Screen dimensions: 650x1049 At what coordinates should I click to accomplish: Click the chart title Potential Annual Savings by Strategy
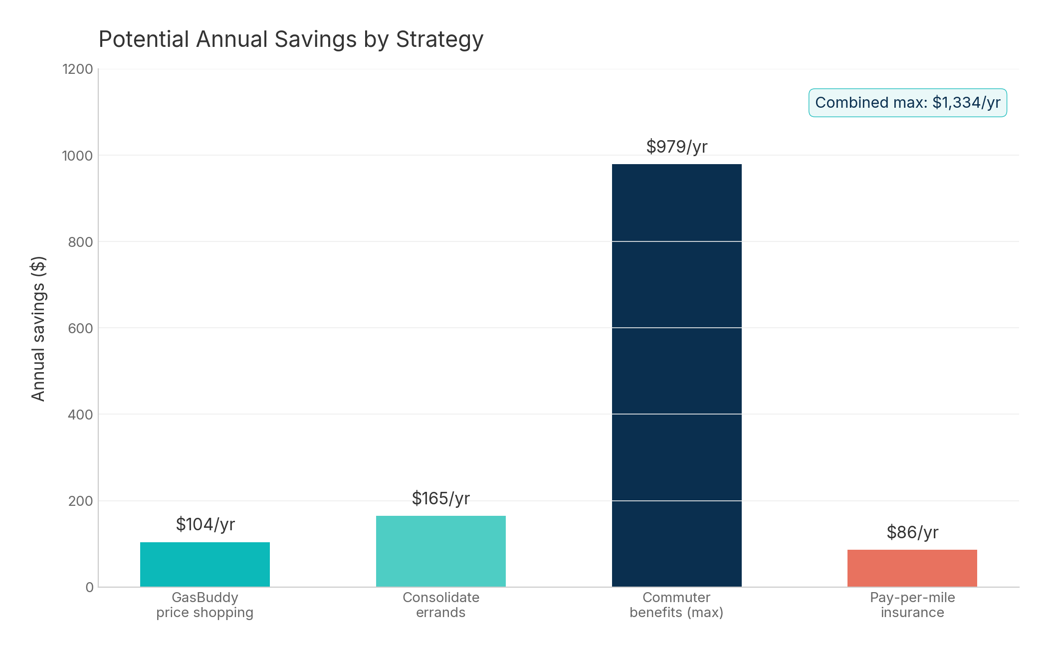pyautogui.click(x=291, y=39)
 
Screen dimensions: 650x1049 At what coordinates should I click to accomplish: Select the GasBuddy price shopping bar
pyautogui.click(x=205, y=564)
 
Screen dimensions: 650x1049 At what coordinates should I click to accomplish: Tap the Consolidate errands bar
pyautogui.click(x=440, y=551)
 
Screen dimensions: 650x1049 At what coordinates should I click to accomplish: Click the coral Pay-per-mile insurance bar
pyautogui.click(x=912, y=568)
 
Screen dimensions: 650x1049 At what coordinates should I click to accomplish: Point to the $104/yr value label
pyautogui.click(x=205, y=524)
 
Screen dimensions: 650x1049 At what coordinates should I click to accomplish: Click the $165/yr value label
pyautogui.click(x=440, y=498)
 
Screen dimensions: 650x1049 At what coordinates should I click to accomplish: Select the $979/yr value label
pyautogui.click(x=676, y=147)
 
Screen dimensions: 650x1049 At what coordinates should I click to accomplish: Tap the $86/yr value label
pyautogui.click(x=912, y=532)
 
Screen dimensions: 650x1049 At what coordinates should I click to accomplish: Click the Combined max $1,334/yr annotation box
pyautogui.click(x=907, y=103)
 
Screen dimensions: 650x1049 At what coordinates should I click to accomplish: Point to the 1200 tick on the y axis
pyautogui.click(x=77, y=69)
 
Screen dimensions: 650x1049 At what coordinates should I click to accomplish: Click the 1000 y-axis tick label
pyautogui.click(x=77, y=156)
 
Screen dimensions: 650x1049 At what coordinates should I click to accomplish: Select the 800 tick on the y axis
pyautogui.click(x=80, y=242)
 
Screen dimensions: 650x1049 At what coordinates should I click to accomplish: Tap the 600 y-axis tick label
pyautogui.click(x=80, y=328)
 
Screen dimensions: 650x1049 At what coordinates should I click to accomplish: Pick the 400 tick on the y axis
pyautogui.click(x=80, y=415)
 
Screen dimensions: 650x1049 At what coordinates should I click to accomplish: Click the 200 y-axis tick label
pyautogui.click(x=80, y=501)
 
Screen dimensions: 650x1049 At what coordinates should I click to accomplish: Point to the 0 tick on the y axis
pyautogui.click(x=89, y=587)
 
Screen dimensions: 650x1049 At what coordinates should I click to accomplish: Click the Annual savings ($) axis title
pyautogui.click(x=38, y=328)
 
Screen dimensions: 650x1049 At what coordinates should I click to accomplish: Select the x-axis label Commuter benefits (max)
pyautogui.click(x=676, y=605)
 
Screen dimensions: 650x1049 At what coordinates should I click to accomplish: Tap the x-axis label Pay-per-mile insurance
pyautogui.click(x=912, y=605)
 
